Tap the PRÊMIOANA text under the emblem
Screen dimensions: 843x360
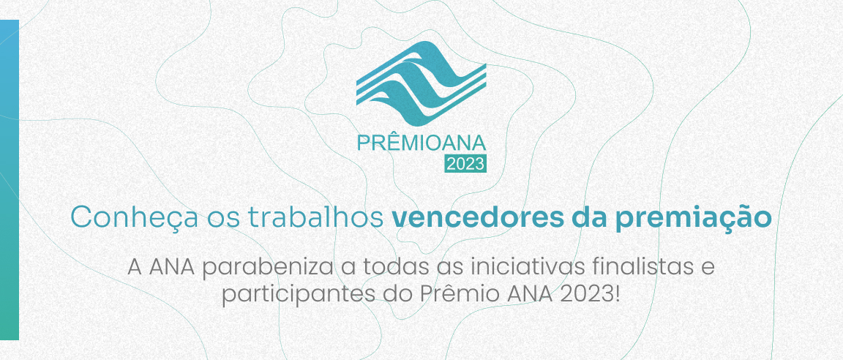click(421, 142)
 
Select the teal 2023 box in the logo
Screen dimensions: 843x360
click(465, 164)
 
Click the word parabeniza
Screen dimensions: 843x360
click(268, 268)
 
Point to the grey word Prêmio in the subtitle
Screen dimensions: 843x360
click(458, 294)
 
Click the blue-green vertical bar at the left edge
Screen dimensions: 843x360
click(9, 180)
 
